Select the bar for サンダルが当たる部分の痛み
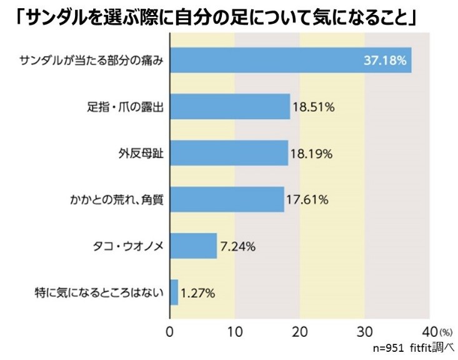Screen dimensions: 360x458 click(x=291, y=60)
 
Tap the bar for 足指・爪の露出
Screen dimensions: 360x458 click(x=230, y=106)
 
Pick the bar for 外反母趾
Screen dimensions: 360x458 click(x=229, y=152)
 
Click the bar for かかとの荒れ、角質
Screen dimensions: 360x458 click(x=227, y=199)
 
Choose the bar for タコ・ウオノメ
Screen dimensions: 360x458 click(x=193, y=246)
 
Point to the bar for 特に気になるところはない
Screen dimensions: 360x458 click(x=174, y=292)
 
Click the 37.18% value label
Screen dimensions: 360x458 click(x=385, y=61)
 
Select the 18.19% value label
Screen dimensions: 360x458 click(x=312, y=153)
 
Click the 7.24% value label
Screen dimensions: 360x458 click(x=237, y=246)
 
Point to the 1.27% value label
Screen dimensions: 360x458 click(x=199, y=292)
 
